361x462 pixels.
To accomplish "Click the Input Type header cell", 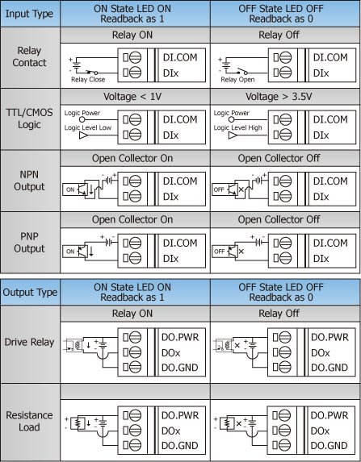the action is [x=29, y=14].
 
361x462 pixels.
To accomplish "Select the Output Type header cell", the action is [x=30, y=293].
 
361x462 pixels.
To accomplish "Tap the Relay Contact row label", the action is [x=29, y=56].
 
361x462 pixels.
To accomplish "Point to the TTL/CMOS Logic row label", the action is [x=29, y=119].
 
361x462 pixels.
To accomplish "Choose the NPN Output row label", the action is [x=29, y=181].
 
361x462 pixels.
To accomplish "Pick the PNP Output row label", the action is [x=29, y=242].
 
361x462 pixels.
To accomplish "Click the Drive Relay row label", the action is [x=29, y=342].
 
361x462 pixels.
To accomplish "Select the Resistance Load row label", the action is [x=29, y=421].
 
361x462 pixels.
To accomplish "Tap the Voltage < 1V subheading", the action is [x=132, y=97].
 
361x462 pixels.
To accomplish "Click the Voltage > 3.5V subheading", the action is [x=279, y=97].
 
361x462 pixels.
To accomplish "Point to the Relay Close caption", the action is [x=88, y=80].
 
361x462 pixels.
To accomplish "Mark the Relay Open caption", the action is [x=237, y=80].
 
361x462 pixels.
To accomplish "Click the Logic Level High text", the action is [x=237, y=127].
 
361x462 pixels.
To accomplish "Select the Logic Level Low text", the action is [x=88, y=127].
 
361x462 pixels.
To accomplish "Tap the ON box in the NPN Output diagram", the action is [x=70, y=189].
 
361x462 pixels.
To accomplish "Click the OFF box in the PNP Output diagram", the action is [x=220, y=252].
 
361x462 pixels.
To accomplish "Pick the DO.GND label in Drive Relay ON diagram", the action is [x=180, y=368].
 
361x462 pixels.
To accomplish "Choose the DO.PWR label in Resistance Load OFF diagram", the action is [x=330, y=415].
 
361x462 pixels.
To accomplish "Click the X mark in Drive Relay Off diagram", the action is [x=237, y=345].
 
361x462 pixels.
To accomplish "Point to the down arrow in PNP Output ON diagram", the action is [x=91, y=251].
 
